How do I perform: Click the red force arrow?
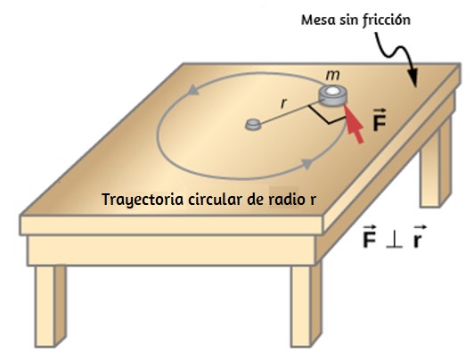pos(354,123)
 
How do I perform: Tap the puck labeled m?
pos(333,96)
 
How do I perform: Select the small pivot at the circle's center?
pos(253,124)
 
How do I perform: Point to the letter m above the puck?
pos(332,75)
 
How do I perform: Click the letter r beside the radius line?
pos(283,103)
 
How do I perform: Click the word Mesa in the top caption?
pos(319,20)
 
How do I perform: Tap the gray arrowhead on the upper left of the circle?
pos(193,90)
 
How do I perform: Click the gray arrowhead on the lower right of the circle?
pos(306,163)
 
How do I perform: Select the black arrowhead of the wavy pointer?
pos(413,78)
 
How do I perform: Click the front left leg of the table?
pos(50,306)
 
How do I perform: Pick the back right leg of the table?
pos(436,165)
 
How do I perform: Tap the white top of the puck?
pos(333,91)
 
